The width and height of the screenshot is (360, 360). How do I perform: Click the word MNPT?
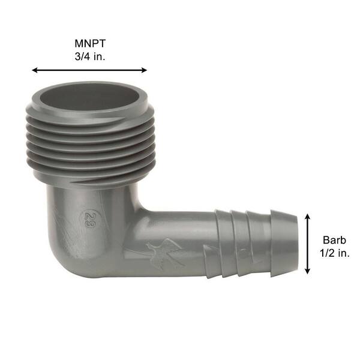pos(90,43)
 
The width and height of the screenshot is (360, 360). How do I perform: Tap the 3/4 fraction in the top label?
pos(82,56)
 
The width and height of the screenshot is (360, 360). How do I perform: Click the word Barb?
pos(334,240)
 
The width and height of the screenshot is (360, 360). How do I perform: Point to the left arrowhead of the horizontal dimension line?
pos(35,70)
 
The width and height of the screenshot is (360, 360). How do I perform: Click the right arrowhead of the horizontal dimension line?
pos(144,70)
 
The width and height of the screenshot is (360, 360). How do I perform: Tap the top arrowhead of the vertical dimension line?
pos(307,217)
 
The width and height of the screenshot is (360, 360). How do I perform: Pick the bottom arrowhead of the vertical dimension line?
pos(307,271)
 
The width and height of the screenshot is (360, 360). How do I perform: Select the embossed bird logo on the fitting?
pos(165,253)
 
